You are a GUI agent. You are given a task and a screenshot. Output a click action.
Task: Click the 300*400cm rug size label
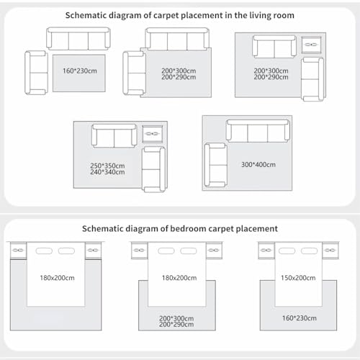pyautogui.click(x=258, y=165)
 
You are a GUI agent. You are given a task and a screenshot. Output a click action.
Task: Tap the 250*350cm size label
pyautogui.click(x=107, y=166)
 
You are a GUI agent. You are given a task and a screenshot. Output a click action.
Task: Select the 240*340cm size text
pyautogui.click(x=107, y=172)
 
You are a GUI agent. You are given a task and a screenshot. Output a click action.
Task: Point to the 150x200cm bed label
pyautogui.click(x=298, y=278)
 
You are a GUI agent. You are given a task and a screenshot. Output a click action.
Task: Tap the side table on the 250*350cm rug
pyautogui.click(x=153, y=134)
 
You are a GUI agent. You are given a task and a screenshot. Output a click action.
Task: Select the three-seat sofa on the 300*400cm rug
pyautogui.click(x=258, y=131)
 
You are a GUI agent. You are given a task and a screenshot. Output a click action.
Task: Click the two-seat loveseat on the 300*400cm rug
pyautogui.click(x=216, y=165)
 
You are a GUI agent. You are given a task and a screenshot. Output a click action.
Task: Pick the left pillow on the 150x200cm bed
pyautogui.click(x=287, y=251)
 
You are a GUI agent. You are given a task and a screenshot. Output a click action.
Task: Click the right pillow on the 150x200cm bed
pyautogui.click(x=309, y=251)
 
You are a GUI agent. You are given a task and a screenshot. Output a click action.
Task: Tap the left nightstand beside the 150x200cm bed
pyautogui.click(x=266, y=251)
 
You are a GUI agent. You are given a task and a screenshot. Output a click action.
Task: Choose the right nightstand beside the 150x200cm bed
pyautogui.click(x=330, y=251)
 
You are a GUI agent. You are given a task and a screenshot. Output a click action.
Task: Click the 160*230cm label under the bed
pyautogui.click(x=300, y=318)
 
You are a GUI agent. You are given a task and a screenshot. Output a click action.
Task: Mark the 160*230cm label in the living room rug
pyautogui.click(x=80, y=71)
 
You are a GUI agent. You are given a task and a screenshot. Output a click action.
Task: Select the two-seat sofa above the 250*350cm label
pyautogui.click(x=114, y=136)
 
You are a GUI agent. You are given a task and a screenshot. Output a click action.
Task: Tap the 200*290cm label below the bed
pyautogui.click(x=176, y=325)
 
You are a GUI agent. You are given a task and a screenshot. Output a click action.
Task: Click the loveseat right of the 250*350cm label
pyautogui.click(x=154, y=169)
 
